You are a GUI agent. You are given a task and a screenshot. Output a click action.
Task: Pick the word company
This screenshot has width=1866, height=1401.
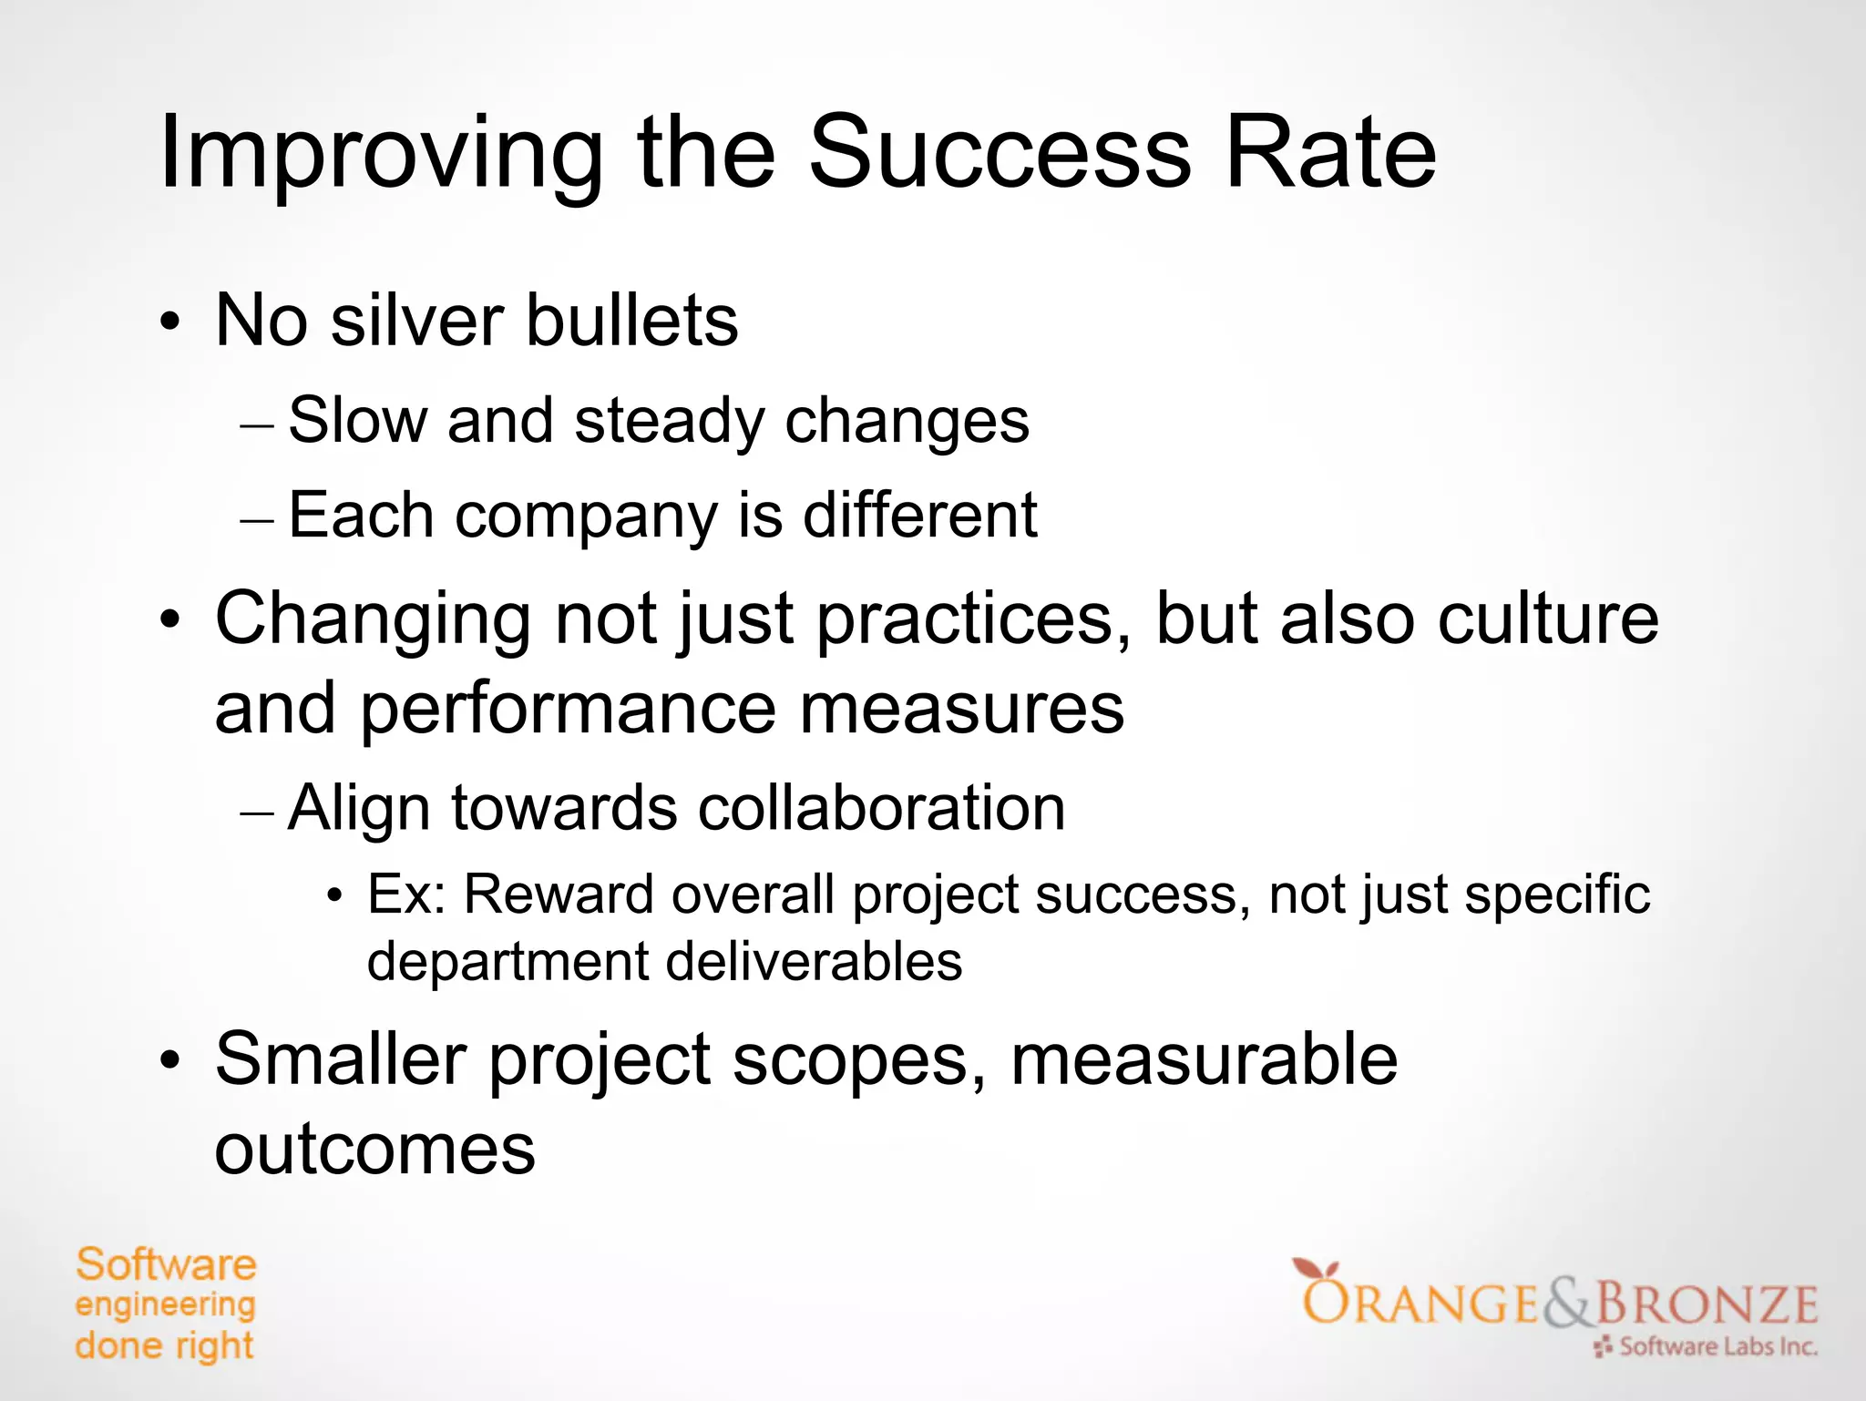tap(586, 516)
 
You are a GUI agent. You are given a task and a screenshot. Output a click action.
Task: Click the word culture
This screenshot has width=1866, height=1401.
tap(1548, 619)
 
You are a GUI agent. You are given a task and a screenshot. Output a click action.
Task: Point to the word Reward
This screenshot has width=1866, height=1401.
tap(558, 895)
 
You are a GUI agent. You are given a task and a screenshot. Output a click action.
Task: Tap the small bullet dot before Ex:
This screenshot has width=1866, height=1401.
tap(335, 897)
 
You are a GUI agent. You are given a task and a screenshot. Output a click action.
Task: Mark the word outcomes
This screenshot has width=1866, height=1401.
tap(374, 1150)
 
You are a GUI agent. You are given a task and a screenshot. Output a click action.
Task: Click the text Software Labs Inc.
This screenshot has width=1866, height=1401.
tap(1717, 1346)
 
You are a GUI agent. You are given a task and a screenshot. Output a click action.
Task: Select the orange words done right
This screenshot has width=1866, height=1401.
tap(164, 1345)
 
